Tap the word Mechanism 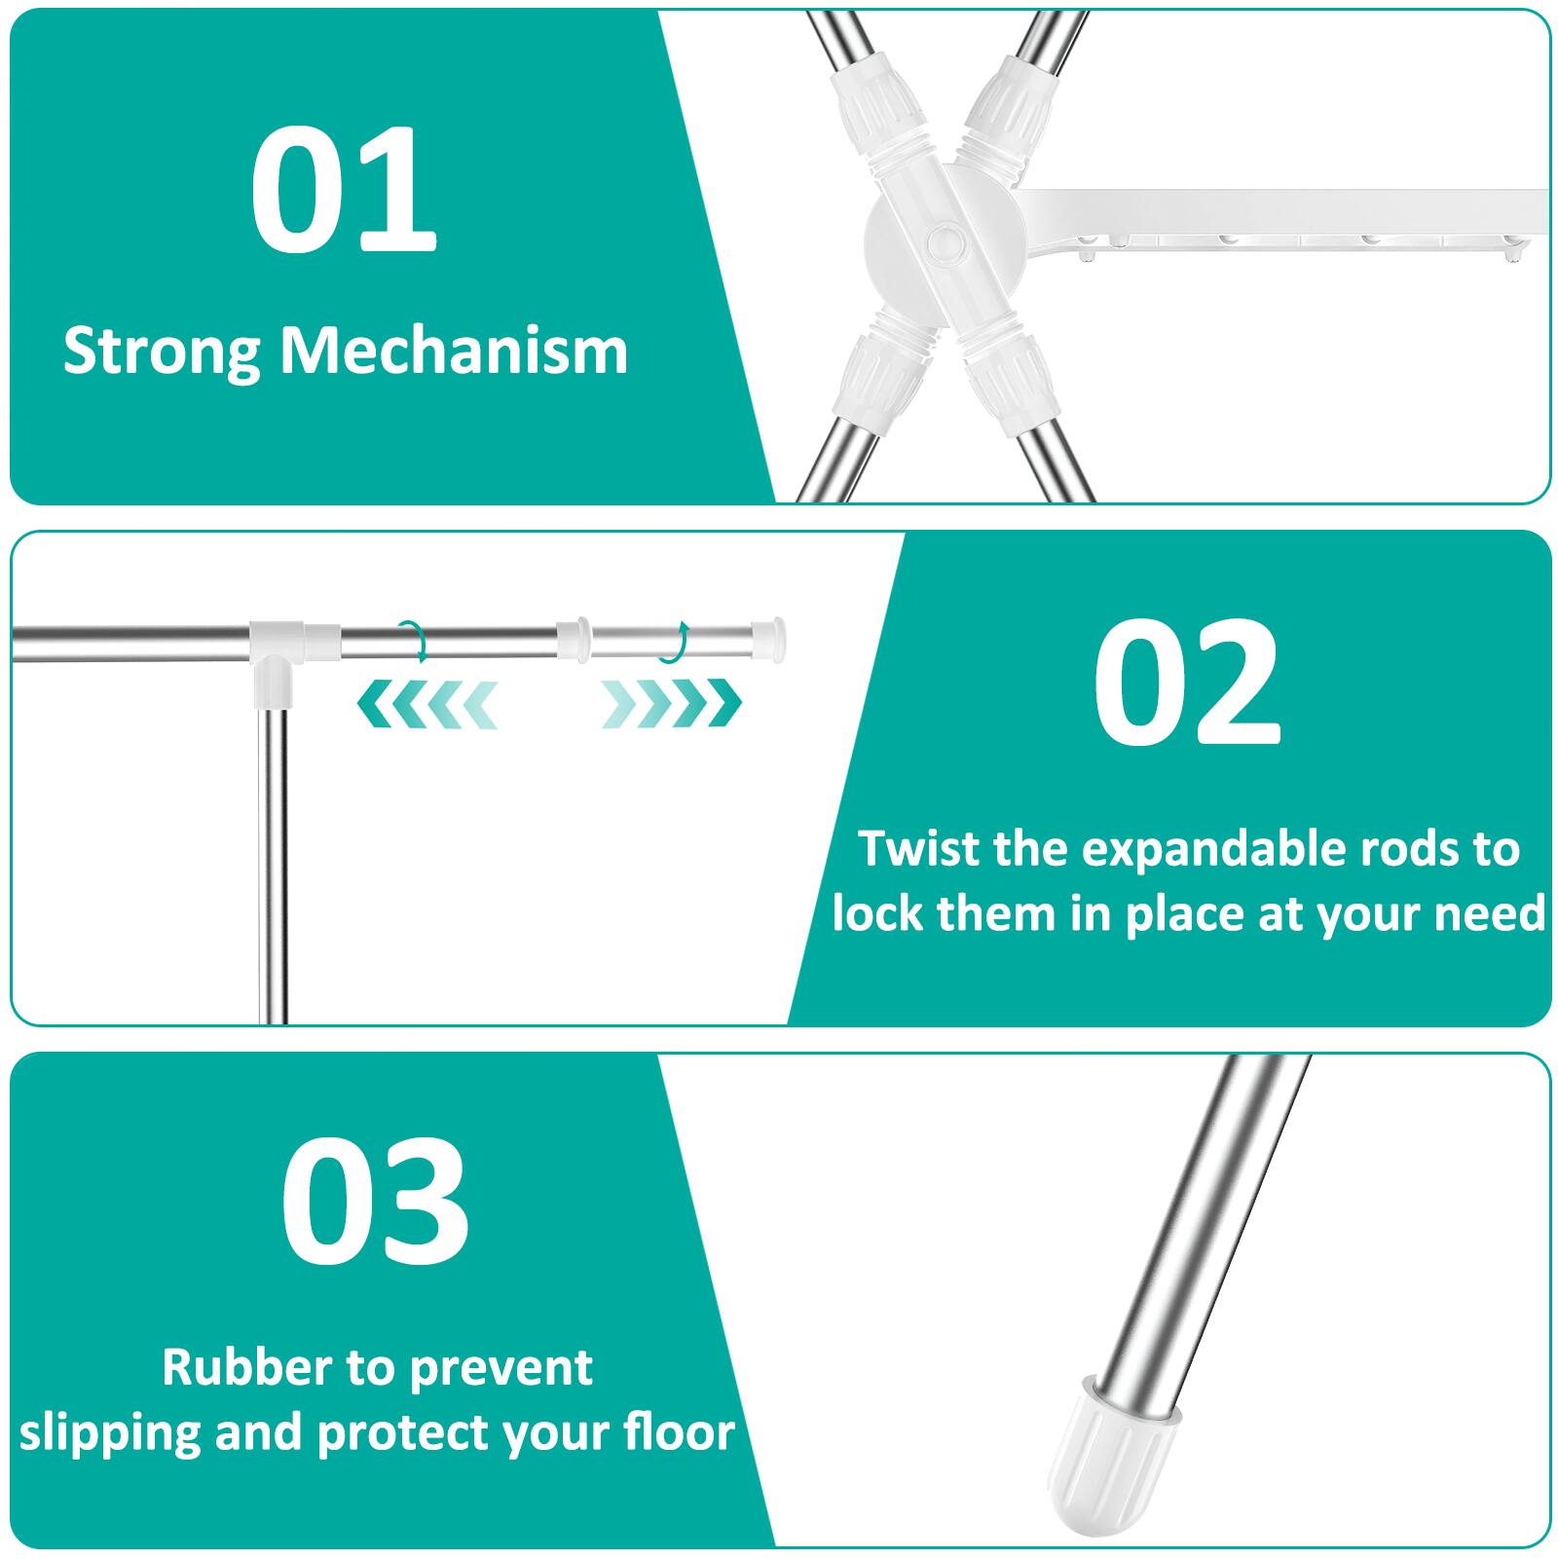click(454, 351)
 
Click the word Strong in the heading click(160, 352)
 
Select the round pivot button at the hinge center click(942, 241)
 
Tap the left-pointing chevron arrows click(427, 704)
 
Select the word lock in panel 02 click(877, 914)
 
